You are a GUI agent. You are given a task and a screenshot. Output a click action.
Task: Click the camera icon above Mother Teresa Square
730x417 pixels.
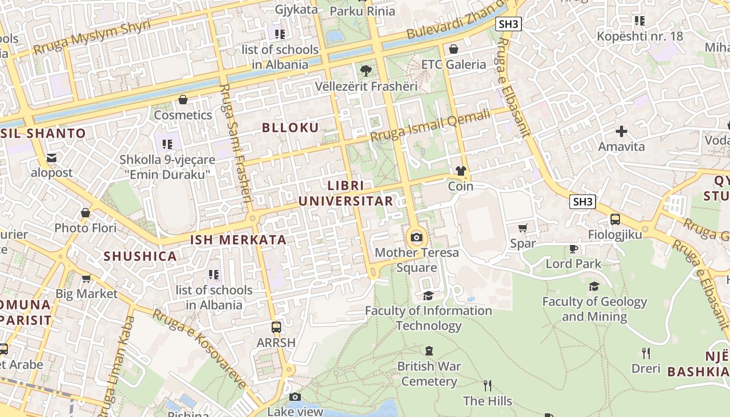click(x=416, y=238)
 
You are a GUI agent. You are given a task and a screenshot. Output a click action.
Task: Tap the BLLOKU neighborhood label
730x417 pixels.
click(x=290, y=128)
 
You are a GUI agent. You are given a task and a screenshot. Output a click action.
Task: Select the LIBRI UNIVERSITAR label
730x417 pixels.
click(x=346, y=193)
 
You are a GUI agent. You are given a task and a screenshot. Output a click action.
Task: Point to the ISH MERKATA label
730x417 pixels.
click(x=238, y=240)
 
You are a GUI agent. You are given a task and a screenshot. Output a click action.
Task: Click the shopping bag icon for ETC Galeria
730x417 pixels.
click(x=454, y=49)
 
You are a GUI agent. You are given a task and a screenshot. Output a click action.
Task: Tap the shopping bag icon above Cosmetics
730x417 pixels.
click(x=183, y=99)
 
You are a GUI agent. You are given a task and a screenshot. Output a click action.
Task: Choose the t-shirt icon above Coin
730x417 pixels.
click(x=460, y=170)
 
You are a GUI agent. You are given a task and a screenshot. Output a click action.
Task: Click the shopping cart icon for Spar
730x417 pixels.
click(x=522, y=228)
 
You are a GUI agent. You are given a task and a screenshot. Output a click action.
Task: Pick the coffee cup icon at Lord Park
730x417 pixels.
click(x=574, y=248)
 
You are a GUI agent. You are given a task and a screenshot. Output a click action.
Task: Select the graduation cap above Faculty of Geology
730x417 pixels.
click(x=594, y=286)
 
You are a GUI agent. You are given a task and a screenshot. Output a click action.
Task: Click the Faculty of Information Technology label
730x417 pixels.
click(x=428, y=318)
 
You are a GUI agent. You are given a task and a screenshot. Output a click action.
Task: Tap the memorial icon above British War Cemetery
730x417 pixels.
click(x=429, y=351)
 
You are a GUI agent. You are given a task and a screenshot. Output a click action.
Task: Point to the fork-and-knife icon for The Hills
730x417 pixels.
click(x=488, y=385)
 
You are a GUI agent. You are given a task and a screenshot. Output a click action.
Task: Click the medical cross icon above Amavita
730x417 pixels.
click(x=621, y=131)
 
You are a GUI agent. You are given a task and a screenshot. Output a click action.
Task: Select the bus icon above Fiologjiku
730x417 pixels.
click(x=615, y=219)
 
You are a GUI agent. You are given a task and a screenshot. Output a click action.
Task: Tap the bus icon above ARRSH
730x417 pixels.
click(x=276, y=327)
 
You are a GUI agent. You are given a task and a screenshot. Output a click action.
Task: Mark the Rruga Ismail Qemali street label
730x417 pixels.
click(x=431, y=126)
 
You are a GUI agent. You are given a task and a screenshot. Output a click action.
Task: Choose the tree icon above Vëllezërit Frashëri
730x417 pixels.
click(x=366, y=70)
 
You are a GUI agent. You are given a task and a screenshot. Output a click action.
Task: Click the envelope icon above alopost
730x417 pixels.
click(x=52, y=157)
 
